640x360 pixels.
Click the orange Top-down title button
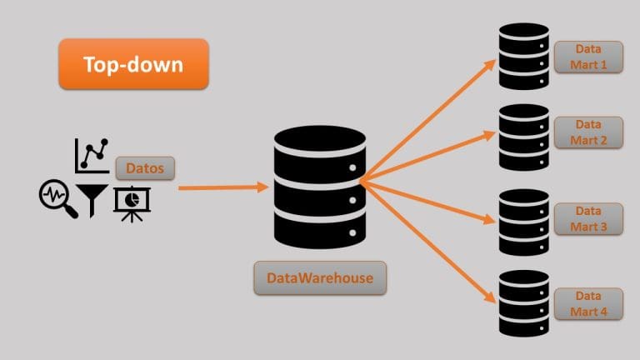click(x=133, y=63)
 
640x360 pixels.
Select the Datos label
click(x=145, y=169)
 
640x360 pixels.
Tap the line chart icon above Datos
click(x=92, y=155)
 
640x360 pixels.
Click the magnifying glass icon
click(x=58, y=200)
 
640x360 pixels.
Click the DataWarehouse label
click(x=320, y=277)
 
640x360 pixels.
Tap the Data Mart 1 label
click(x=587, y=56)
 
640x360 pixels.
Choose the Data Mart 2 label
click(x=587, y=132)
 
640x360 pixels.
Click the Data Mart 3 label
click(x=587, y=219)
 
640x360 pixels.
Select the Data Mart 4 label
click(x=587, y=302)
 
